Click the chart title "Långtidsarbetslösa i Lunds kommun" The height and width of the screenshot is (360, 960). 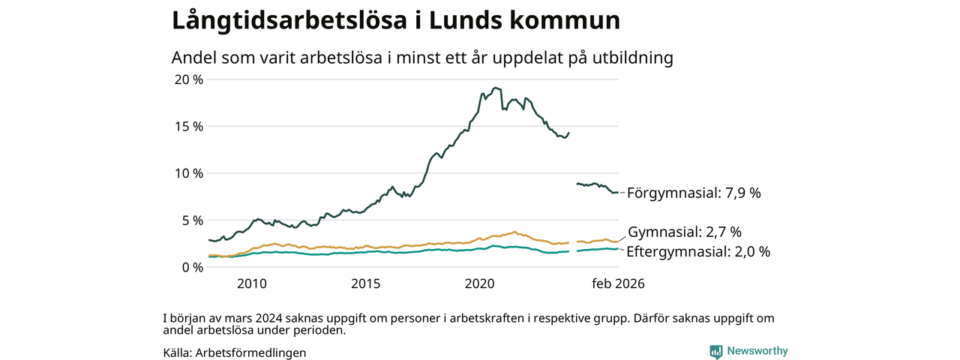[x=396, y=20]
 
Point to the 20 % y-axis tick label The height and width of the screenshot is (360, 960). [x=188, y=79]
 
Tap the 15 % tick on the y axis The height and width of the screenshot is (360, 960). [x=188, y=127]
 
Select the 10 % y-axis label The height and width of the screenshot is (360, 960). [x=188, y=173]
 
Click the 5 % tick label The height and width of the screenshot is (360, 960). [x=192, y=220]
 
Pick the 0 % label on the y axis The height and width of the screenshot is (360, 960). [x=192, y=267]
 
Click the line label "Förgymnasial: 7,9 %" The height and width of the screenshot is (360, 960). [x=694, y=193]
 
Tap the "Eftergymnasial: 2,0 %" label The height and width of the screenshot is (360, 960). [x=698, y=252]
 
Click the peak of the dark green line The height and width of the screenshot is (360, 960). [x=495, y=88]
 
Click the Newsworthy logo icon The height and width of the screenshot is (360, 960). [x=716, y=351]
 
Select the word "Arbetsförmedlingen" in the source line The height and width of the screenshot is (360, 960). [x=250, y=352]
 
